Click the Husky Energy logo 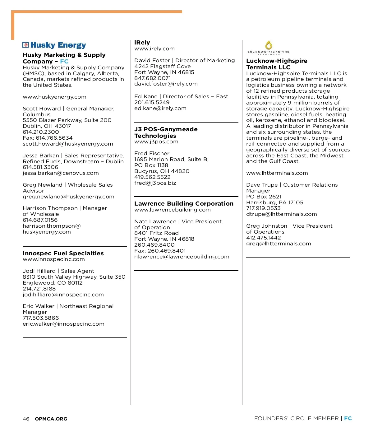click(x=54, y=45)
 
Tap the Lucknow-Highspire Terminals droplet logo click(x=269, y=45)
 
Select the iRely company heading click(x=142, y=43)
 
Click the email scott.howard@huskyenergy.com click(x=68, y=144)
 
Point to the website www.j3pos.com click(x=156, y=142)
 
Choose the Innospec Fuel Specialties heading click(x=63, y=253)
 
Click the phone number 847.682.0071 click(x=152, y=78)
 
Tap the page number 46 click(x=26, y=419)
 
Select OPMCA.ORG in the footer click(x=51, y=419)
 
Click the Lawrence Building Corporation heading click(x=184, y=203)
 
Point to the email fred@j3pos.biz click(x=155, y=183)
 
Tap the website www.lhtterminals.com click(x=277, y=173)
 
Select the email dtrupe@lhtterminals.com click(x=281, y=214)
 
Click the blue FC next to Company click(x=64, y=61)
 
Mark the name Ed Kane click(x=146, y=96)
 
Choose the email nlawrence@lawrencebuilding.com click(x=182, y=257)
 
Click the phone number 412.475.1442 click(x=263, y=238)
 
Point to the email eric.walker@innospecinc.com click(x=63, y=324)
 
